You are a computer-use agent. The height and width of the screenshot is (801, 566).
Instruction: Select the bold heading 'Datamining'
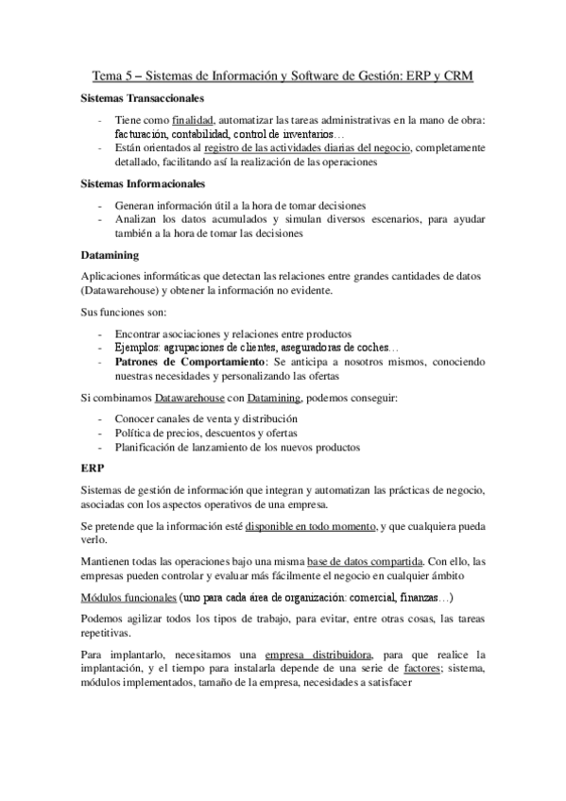pos(111,255)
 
